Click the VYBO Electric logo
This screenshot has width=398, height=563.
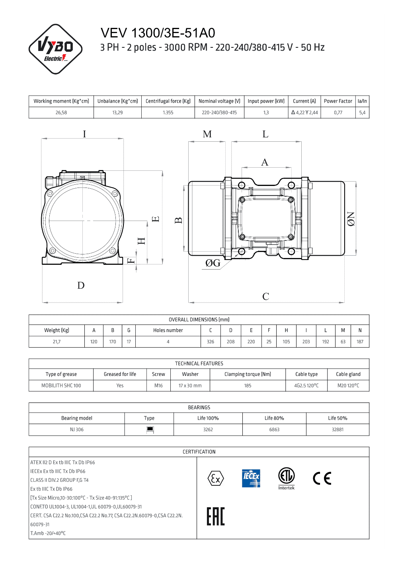click(55, 49)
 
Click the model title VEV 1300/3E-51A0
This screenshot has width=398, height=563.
click(158, 33)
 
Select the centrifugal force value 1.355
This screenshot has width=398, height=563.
click(168, 113)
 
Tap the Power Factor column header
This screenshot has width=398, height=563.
click(338, 101)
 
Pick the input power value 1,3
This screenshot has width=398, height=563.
click(266, 113)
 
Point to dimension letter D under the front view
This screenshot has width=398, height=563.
click(81, 285)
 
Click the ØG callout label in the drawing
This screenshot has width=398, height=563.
click(213, 263)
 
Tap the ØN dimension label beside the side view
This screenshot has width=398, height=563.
click(351, 219)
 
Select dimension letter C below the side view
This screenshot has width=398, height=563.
click(265, 297)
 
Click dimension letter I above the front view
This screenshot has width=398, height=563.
click(84, 134)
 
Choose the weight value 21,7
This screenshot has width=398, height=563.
click(57, 342)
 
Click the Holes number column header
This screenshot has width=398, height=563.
click(168, 330)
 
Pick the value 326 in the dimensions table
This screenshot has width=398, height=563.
click(211, 342)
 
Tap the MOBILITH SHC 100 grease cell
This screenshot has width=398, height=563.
click(61, 385)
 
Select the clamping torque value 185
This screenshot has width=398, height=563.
click(248, 385)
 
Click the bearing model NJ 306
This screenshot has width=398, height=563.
click(77, 430)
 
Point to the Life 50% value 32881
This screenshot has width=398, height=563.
click(338, 430)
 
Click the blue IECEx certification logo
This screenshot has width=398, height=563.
click(251, 478)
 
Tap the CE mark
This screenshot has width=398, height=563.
click(322, 478)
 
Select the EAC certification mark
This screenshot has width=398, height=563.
click(216, 516)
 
